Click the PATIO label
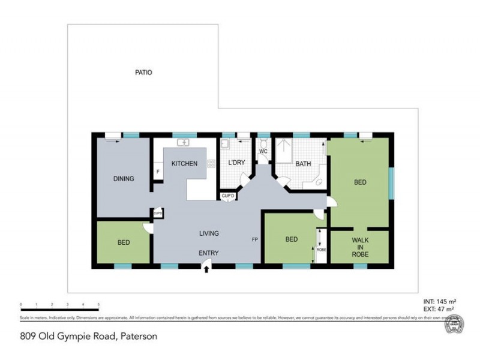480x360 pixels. (143, 73)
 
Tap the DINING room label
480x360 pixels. (124, 179)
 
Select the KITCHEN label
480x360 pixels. (184, 164)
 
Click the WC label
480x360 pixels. (263, 152)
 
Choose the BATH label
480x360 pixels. (303, 164)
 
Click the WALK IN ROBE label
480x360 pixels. (360, 248)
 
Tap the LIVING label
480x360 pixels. (209, 233)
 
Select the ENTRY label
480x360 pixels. (209, 253)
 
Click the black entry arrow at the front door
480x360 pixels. (206, 271)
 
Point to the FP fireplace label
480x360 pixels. (255, 240)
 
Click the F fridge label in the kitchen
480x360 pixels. (158, 172)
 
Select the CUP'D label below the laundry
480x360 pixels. (227, 196)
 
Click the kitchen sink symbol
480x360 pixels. (184, 143)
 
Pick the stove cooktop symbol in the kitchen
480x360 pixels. (211, 163)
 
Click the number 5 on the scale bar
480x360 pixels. (98, 305)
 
